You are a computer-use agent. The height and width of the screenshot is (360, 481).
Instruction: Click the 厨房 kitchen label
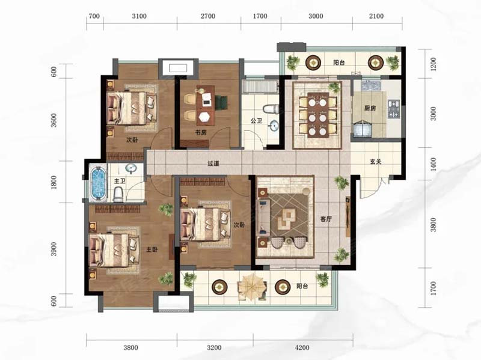click(370, 108)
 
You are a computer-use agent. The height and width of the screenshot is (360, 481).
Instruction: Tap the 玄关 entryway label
click(375, 162)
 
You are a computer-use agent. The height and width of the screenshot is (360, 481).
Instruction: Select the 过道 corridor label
click(213, 163)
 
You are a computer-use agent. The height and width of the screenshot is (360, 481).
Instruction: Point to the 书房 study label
click(201, 132)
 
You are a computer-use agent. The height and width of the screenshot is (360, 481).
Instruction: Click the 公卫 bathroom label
click(256, 121)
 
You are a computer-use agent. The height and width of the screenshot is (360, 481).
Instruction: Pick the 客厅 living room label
click(326, 219)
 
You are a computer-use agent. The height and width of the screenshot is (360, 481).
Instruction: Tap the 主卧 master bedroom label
click(152, 249)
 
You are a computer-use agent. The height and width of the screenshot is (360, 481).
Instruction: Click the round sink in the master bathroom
click(132, 169)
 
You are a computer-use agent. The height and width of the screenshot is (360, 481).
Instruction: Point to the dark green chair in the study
click(221, 102)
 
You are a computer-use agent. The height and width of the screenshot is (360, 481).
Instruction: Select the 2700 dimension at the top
click(208, 16)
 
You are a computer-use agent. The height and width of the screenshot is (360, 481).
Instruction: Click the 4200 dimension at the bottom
click(302, 348)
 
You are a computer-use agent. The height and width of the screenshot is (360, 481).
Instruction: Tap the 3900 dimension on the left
click(54, 249)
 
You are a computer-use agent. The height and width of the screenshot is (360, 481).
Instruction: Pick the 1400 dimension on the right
click(433, 164)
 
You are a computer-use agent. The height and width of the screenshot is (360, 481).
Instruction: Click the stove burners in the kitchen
click(394, 109)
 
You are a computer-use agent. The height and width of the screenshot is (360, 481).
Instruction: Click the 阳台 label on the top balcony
click(339, 63)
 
